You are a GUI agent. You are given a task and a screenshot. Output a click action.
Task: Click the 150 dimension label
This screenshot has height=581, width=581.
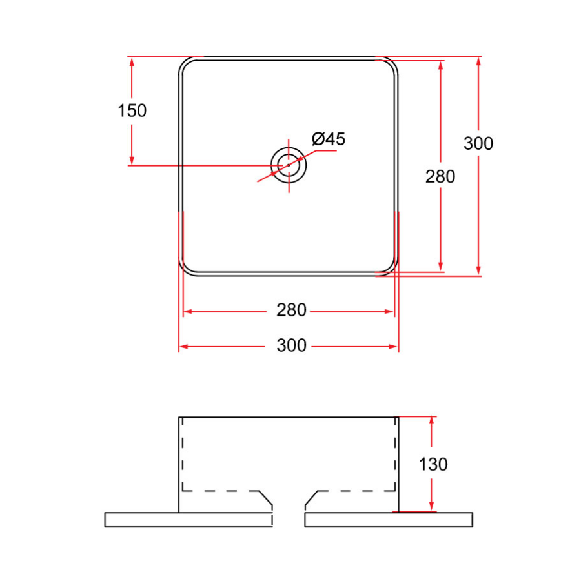[x=132, y=110]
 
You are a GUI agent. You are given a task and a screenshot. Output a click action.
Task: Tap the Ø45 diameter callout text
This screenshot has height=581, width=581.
[x=329, y=139]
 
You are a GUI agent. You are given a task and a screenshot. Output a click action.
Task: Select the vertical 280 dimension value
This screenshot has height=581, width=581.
[x=440, y=176]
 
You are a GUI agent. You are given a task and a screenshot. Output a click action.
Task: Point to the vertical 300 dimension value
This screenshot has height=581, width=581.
[x=478, y=143]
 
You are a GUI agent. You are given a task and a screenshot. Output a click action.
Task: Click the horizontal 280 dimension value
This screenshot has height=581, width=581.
[x=291, y=311]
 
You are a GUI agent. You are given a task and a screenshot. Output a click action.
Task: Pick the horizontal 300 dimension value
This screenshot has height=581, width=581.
[x=291, y=345]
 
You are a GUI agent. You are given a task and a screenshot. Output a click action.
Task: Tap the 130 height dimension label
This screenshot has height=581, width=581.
[x=433, y=464]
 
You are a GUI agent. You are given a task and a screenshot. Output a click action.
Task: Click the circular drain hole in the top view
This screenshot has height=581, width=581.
[x=289, y=165]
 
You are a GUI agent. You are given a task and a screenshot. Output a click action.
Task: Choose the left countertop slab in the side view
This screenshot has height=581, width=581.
[x=188, y=520]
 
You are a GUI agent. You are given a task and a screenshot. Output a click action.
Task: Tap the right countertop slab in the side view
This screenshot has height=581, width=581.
[x=388, y=520]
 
